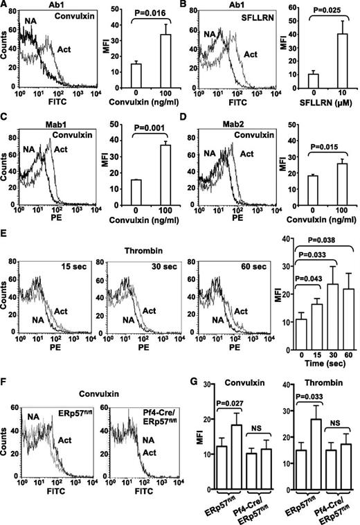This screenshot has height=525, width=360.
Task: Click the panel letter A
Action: (6, 6)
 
